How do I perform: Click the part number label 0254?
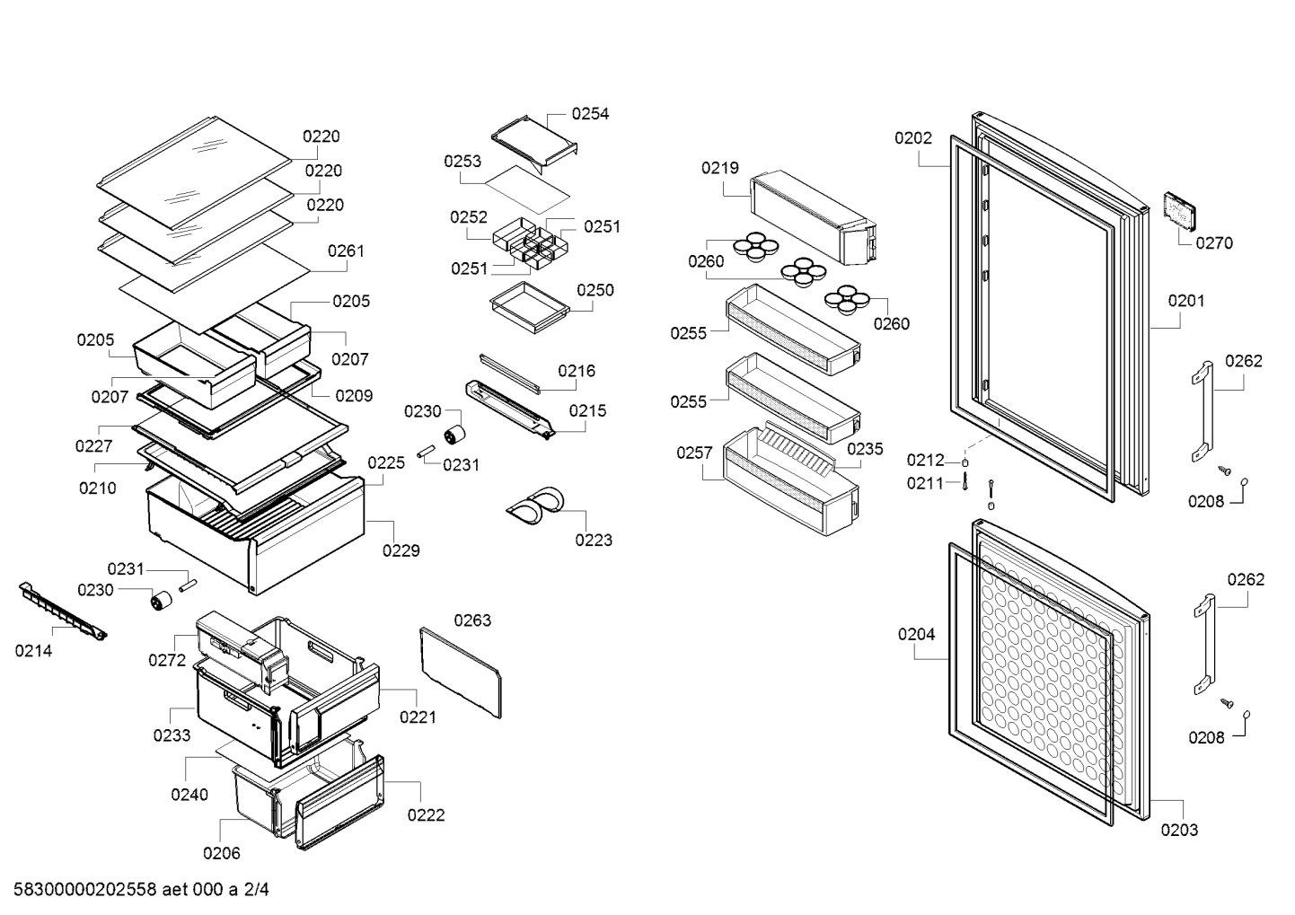point(590,114)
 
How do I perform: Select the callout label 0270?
point(1214,243)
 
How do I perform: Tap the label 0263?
point(472,620)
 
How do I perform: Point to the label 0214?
point(33,651)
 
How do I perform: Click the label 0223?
point(593,540)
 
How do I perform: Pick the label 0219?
point(719,168)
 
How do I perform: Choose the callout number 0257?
point(695,453)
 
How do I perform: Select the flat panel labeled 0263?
point(460,673)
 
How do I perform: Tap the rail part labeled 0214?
point(63,611)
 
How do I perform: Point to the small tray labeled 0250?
point(530,307)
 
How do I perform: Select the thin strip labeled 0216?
point(510,374)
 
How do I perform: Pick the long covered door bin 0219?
point(813,217)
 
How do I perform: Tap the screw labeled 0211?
point(965,481)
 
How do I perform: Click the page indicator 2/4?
point(256,889)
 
